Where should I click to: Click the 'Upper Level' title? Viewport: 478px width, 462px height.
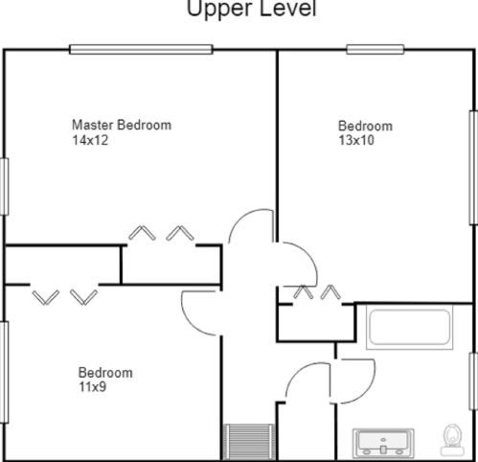pos(251,9)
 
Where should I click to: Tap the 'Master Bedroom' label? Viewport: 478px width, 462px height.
pos(122,125)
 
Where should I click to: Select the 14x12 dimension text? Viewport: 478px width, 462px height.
pos(90,140)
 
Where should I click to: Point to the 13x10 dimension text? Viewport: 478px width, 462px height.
pos(356,140)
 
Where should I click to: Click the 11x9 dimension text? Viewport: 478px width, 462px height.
pos(92,387)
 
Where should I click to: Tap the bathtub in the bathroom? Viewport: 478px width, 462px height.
pos(409,327)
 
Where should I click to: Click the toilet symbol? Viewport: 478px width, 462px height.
pos(452,439)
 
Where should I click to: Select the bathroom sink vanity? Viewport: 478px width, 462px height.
pos(383,443)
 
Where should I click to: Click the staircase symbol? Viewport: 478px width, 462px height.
pos(249,442)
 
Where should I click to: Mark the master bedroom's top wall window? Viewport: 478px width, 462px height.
pos(141,49)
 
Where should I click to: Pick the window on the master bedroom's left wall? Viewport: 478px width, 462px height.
pos(4,187)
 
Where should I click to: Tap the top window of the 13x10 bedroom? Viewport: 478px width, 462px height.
pos(376,49)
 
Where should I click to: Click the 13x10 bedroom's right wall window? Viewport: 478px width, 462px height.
pos(473,168)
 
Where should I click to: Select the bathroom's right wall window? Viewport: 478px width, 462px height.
pos(473,381)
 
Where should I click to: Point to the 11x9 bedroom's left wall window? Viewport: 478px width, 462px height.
pos(4,372)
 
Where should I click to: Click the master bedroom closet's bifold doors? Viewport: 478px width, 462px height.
pos(161,233)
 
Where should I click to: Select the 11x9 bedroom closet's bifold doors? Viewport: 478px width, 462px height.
pos(65,297)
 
